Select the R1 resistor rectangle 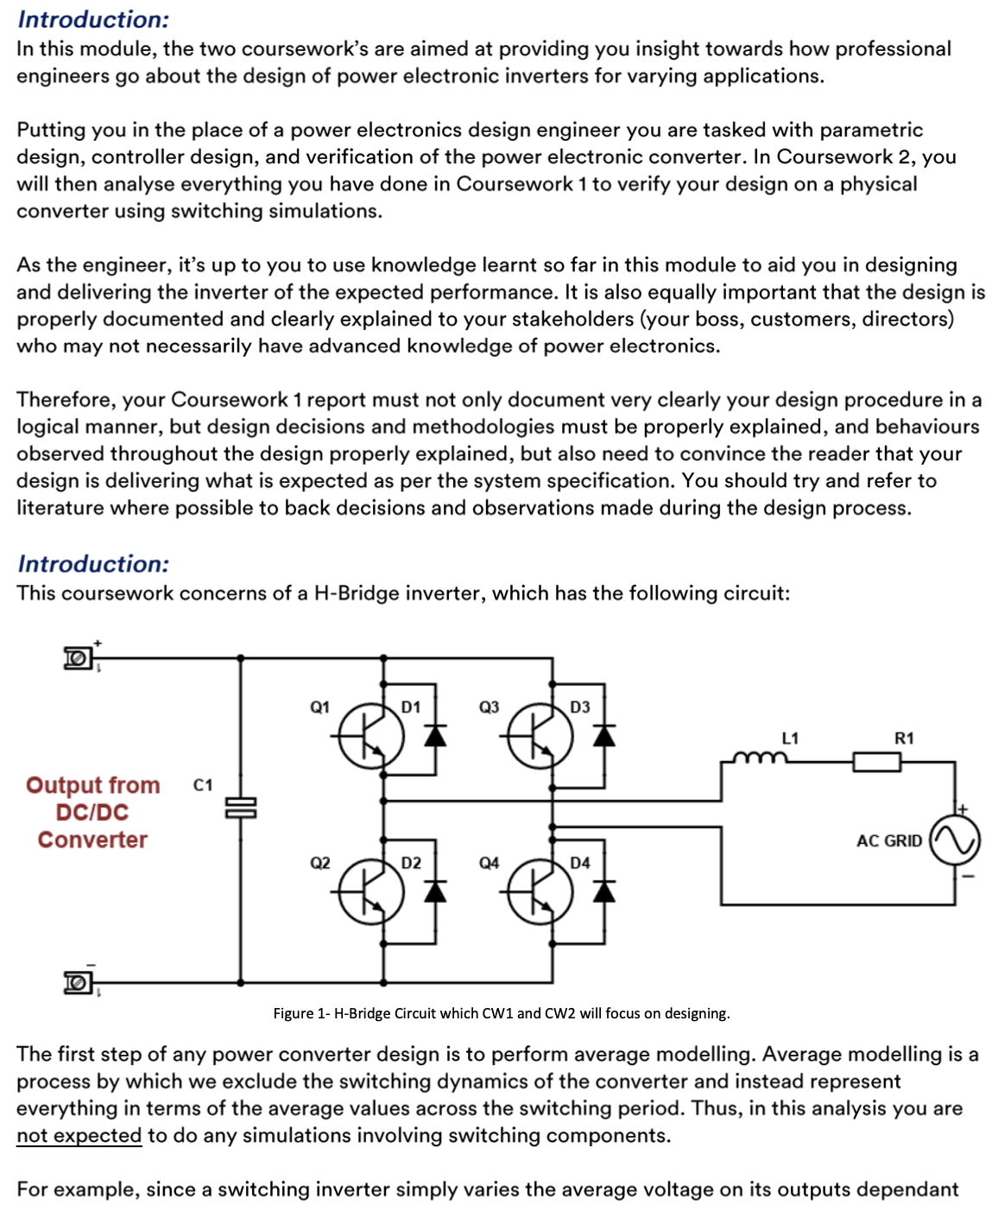tap(876, 762)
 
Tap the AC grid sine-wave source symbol tap(955, 840)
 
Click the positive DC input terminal tap(78, 658)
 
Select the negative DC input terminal tap(78, 982)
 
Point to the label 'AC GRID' tap(888, 840)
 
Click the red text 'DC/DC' tap(92, 812)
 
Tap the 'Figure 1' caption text tap(501, 1013)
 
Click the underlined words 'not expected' tap(79, 1135)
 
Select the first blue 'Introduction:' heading tap(93, 19)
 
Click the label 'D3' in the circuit tap(580, 707)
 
